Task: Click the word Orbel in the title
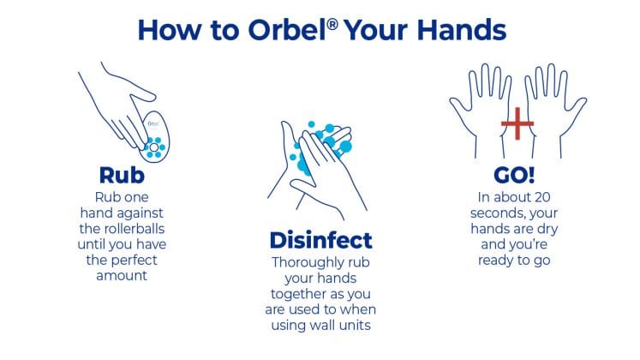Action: coord(286,30)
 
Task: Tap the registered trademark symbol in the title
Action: coord(332,25)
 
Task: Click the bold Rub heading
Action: coord(122,175)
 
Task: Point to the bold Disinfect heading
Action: coord(320,240)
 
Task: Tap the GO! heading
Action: coord(514,175)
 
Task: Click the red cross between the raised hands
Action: coord(517,123)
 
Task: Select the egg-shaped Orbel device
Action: coord(155,137)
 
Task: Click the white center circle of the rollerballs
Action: coord(154,147)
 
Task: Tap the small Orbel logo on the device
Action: coord(153,123)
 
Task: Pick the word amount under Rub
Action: coord(122,276)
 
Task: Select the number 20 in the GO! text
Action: coord(542,197)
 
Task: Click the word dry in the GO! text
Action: coord(547,230)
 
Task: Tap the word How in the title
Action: coord(170,30)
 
